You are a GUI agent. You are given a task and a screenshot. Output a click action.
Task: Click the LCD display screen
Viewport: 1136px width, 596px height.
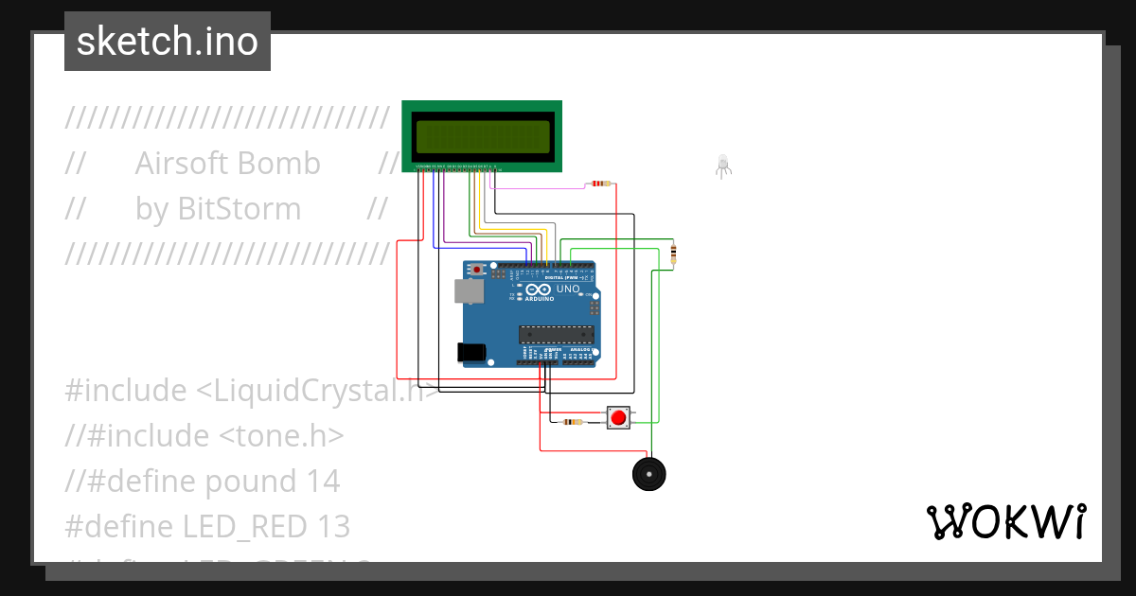click(x=482, y=137)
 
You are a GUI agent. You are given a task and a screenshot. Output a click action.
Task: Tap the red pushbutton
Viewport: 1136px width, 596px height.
click(x=618, y=417)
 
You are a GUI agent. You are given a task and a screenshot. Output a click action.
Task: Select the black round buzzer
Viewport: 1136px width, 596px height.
click(x=648, y=473)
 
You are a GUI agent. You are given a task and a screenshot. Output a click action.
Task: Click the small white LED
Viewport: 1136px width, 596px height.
click(x=723, y=165)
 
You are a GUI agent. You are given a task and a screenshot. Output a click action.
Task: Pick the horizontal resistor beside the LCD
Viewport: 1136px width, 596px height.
click(x=600, y=184)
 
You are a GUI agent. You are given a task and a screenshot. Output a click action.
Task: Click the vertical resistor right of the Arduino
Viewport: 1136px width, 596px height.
click(x=673, y=253)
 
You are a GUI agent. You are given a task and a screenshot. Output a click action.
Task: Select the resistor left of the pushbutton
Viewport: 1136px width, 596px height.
click(x=573, y=422)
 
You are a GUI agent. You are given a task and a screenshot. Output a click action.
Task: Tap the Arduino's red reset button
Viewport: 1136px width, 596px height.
click(x=476, y=271)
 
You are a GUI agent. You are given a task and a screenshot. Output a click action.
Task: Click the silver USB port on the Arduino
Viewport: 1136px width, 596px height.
click(x=467, y=291)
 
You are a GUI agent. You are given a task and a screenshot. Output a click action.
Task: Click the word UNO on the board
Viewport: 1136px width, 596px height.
click(x=568, y=289)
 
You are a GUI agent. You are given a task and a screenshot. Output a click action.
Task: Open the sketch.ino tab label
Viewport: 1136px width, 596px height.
click(x=168, y=42)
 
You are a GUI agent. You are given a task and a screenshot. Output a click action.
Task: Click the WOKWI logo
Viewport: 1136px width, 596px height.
click(x=1005, y=521)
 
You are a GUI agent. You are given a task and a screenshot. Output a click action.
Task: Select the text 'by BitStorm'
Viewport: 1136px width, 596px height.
click(x=218, y=209)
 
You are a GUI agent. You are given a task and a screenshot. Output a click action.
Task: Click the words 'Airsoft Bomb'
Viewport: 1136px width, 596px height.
click(x=227, y=164)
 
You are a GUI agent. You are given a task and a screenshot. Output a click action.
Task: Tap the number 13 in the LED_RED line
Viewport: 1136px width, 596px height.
click(x=334, y=526)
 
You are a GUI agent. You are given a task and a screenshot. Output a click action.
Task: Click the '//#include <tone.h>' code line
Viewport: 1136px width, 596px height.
click(x=204, y=435)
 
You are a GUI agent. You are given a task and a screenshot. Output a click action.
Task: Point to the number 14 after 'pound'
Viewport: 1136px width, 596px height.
click(x=323, y=481)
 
